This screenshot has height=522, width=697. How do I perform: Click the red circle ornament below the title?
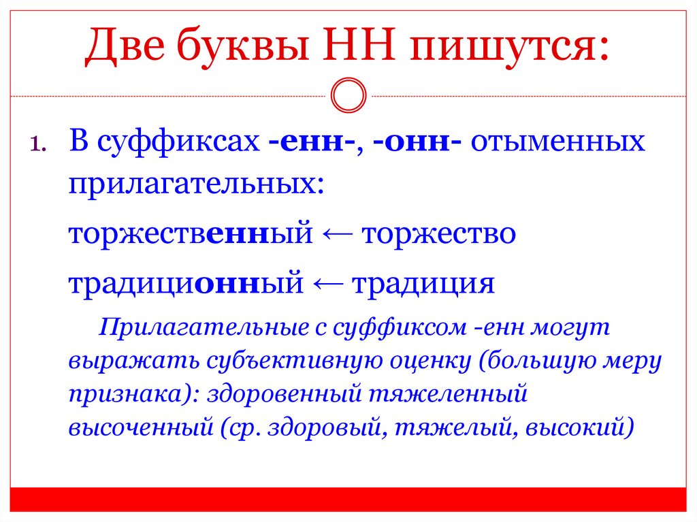click(348, 95)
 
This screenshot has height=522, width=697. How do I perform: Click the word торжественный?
click(190, 235)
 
